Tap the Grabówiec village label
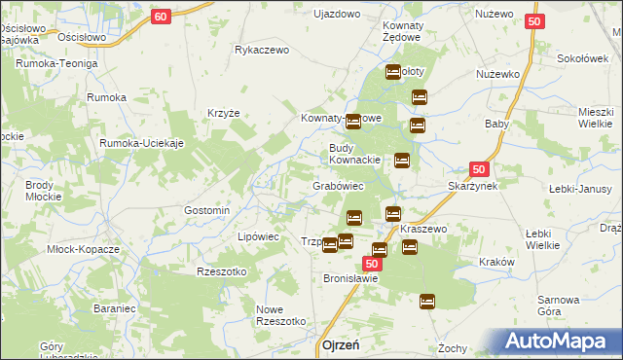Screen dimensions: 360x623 pyautogui.click(x=338, y=185)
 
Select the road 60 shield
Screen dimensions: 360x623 pyautogui.click(x=163, y=16)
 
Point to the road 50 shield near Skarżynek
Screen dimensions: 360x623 pyautogui.click(x=478, y=168)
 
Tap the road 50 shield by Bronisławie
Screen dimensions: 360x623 pyautogui.click(x=372, y=264)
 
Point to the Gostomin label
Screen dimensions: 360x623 pyautogui.click(x=207, y=210)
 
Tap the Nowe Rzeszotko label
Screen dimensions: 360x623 pyautogui.click(x=281, y=314)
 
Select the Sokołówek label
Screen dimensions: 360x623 pyautogui.click(x=582, y=58)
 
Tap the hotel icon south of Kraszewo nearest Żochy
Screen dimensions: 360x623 pyautogui.click(x=426, y=302)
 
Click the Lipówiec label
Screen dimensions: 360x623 pyautogui.click(x=259, y=236)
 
